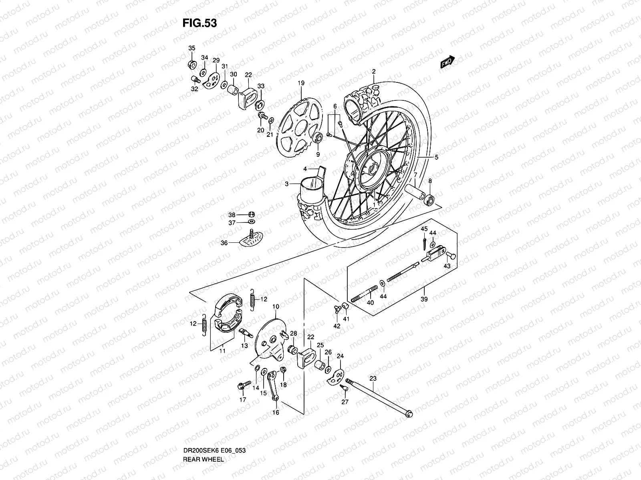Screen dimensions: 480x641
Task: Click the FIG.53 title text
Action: click(200, 23)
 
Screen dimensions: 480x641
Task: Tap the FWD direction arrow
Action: click(447, 62)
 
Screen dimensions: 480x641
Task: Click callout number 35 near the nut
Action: click(192, 48)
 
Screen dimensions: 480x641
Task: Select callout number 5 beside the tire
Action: click(436, 158)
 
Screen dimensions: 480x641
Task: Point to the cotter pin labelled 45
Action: click(424, 242)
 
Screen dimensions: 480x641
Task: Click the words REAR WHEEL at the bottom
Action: click(203, 437)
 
